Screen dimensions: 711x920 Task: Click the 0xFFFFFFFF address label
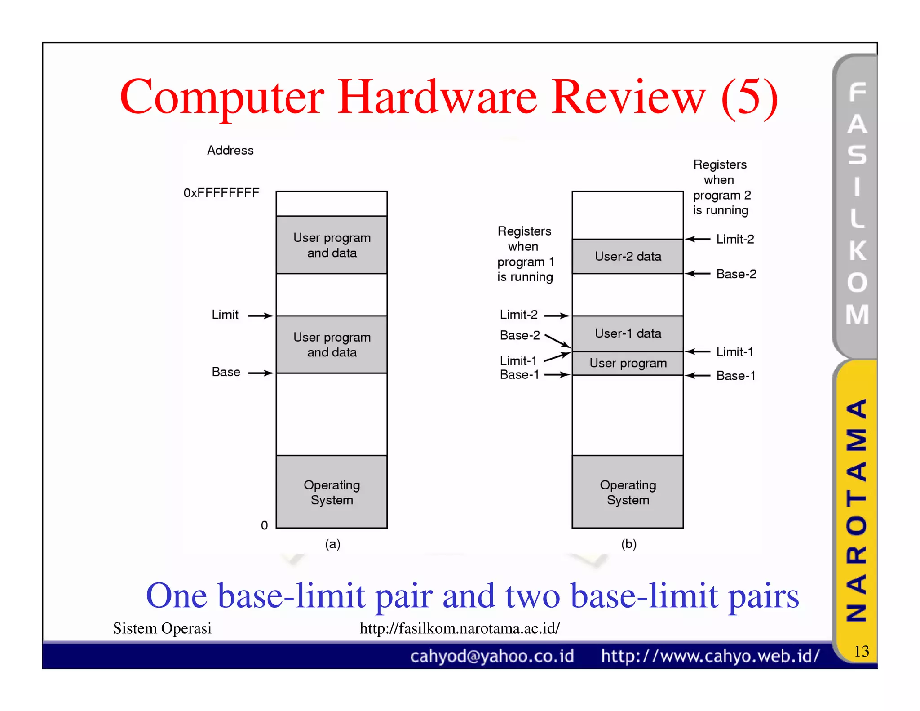221,193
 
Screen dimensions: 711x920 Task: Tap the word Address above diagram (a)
230,150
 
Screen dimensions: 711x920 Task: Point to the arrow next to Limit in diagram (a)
261,316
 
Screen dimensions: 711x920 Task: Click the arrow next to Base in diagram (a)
261,373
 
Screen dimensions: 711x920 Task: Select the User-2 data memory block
628,256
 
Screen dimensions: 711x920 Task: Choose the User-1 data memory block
628,333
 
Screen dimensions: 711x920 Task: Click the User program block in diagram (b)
628,363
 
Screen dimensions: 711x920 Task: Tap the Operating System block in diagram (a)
332,492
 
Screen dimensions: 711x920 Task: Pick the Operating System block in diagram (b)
628,492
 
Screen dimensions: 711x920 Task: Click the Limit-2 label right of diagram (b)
735,239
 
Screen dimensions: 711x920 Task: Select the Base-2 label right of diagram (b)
736,274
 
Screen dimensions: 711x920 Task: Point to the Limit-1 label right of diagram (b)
734,352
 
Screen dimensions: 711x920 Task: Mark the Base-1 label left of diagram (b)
519,375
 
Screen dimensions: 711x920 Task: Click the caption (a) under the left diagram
332,544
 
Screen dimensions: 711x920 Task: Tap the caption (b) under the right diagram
628,544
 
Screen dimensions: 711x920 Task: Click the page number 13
861,651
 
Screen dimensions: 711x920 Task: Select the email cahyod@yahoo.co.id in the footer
492,656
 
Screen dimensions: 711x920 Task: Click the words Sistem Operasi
162,628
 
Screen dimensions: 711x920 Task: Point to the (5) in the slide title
749,97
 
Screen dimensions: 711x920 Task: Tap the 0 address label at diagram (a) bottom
265,525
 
